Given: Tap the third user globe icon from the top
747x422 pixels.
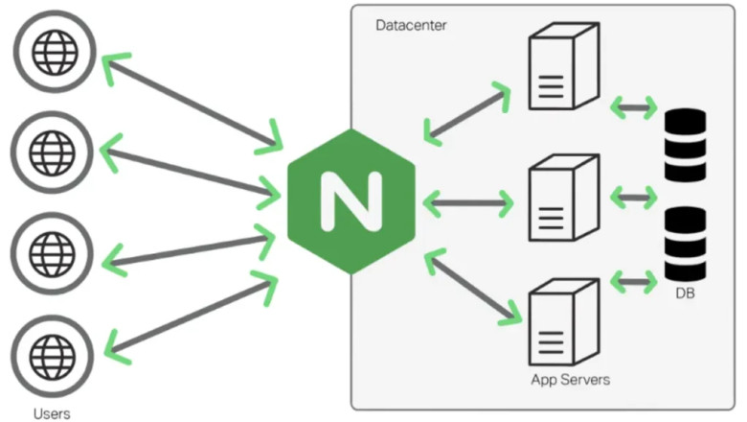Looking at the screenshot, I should (47, 253).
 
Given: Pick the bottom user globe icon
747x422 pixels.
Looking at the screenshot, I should (47, 357).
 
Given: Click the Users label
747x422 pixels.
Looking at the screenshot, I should (50, 413).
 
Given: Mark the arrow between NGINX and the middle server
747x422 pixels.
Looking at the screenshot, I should (469, 202).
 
